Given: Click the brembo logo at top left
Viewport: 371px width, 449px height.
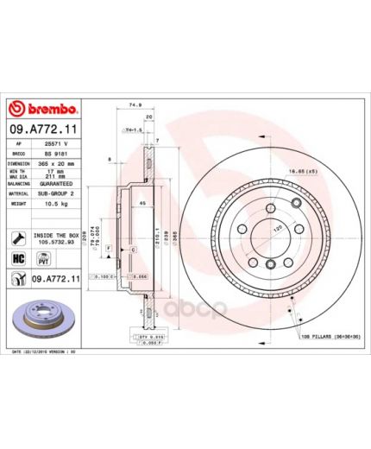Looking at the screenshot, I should click(x=44, y=110).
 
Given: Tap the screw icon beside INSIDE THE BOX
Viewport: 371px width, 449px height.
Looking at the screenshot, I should click(x=17, y=237).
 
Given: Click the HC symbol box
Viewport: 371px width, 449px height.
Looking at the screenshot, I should click(x=17, y=258).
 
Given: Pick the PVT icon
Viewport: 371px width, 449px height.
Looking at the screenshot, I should click(x=41, y=258).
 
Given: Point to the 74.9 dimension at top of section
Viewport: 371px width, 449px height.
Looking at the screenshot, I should click(x=135, y=105).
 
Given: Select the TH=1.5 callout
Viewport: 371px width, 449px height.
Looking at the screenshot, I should click(x=131, y=130).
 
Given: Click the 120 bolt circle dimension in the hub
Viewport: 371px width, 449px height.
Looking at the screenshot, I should click(x=278, y=233).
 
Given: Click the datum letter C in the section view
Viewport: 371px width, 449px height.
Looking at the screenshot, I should click(x=133, y=249).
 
